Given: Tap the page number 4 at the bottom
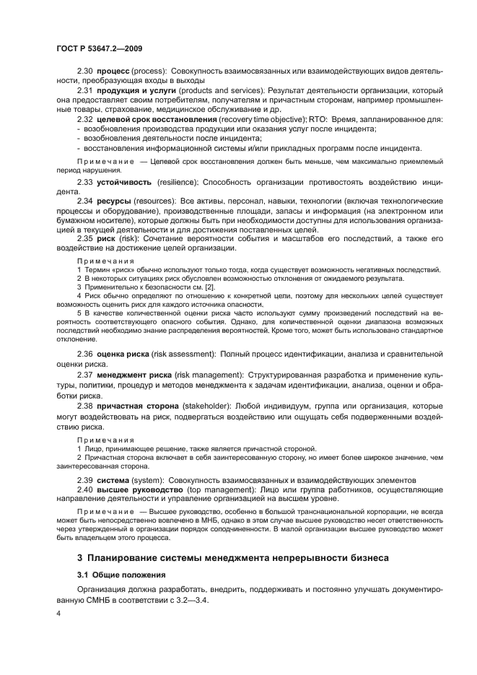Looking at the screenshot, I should [x=58, y=613].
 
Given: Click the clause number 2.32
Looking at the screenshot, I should [x=84, y=118].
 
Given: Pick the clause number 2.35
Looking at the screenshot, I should [x=84, y=238].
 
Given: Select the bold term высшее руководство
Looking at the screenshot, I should [x=139, y=489].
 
